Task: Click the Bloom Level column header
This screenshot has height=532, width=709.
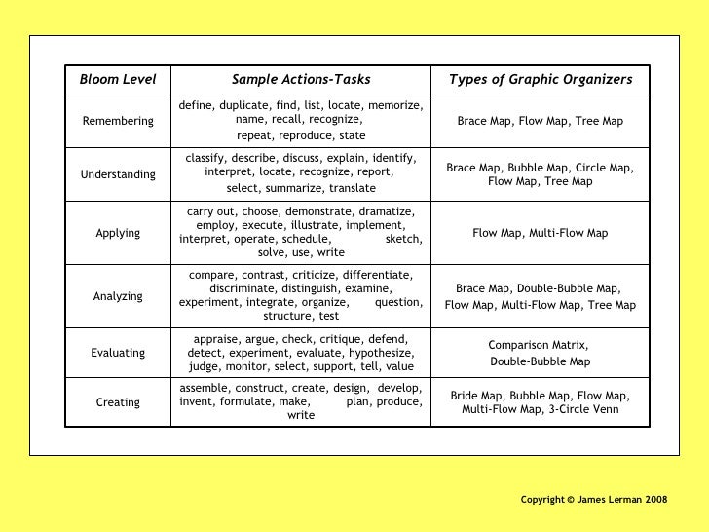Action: click(117, 79)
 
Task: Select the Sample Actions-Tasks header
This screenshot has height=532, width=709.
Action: click(301, 79)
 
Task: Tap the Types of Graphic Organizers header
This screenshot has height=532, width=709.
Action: click(540, 79)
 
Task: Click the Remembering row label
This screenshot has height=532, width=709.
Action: click(117, 121)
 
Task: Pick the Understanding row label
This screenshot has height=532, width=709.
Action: click(117, 174)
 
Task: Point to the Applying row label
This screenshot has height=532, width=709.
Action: click(117, 234)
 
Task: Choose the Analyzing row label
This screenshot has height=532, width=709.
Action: click(117, 296)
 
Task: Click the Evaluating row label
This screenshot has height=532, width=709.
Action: click(117, 353)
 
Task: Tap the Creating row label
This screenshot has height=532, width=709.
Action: click(117, 401)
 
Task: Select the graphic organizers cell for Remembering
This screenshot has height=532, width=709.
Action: click(540, 121)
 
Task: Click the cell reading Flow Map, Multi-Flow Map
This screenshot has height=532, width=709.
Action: click(540, 234)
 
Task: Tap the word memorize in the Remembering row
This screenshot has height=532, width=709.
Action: click(395, 105)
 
